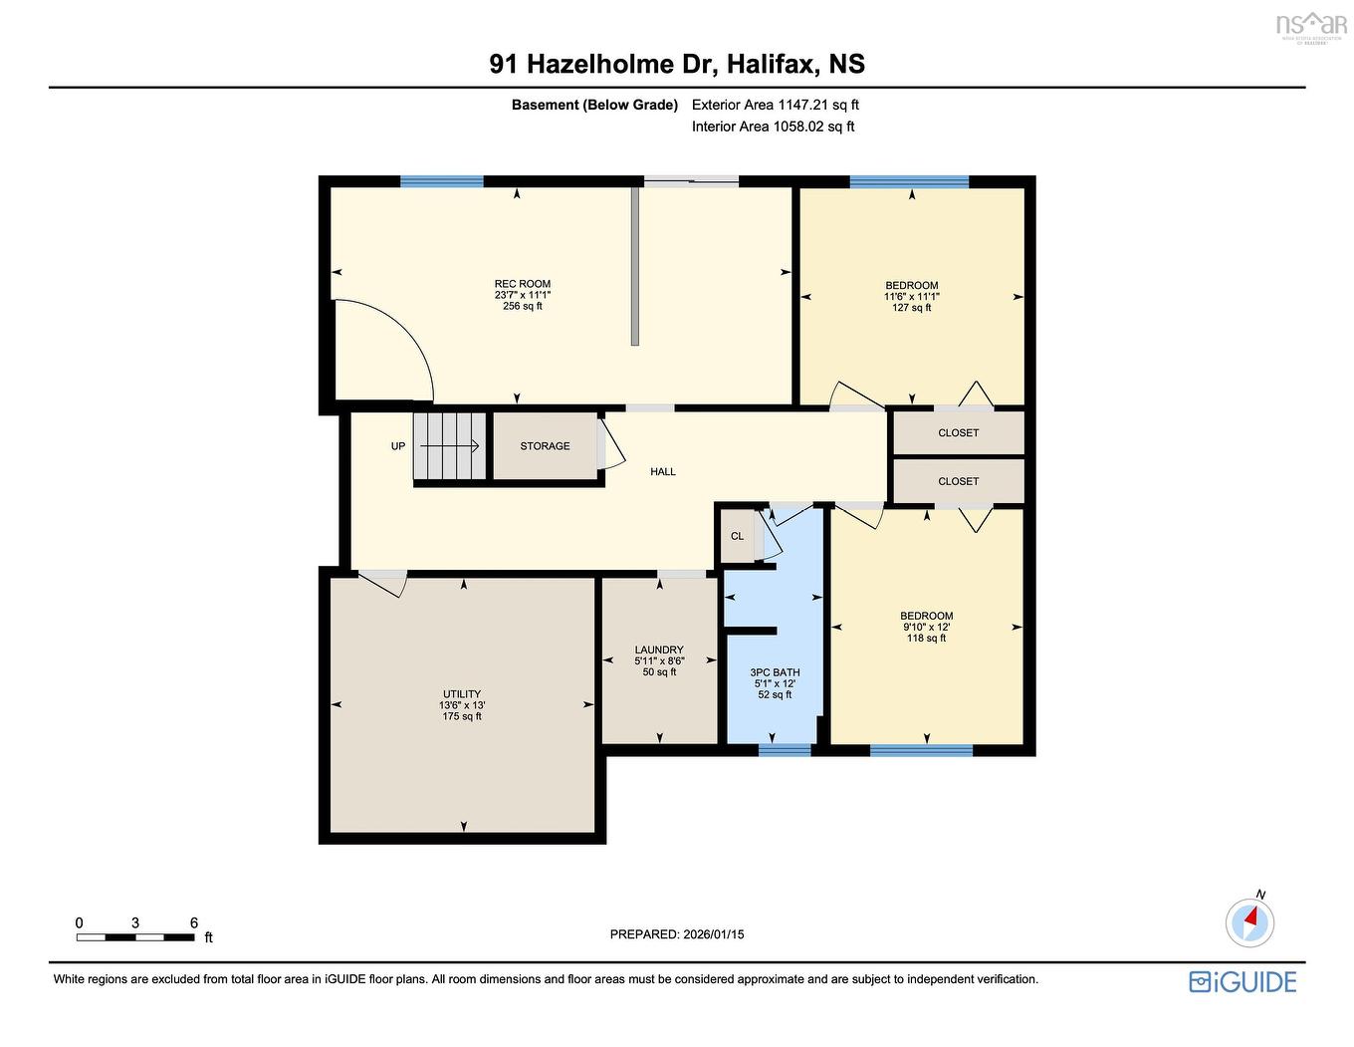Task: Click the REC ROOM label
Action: [x=522, y=284]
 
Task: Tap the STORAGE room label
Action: [x=545, y=446]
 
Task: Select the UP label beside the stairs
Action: [x=398, y=446]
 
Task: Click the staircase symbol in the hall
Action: [x=450, y=446]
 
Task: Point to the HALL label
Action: [x=663, y=472]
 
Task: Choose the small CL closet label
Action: [x=737, y=536]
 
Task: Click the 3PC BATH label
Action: [x=775, y=672]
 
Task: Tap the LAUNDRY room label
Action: [x=659, y=650]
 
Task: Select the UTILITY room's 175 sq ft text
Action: [x=462, y=716]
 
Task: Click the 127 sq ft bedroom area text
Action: [x=912, y=308]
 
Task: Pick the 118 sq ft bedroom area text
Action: [x=926, y=638]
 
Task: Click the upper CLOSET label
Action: [x=958, y=433]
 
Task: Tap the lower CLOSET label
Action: [x=958, y=481]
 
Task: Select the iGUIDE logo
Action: [x=1242, y=981]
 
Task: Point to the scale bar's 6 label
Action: [x=194, y=922]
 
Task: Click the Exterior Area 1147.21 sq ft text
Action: [x=775, y=105]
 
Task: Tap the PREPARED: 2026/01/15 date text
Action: [x=677, y=934]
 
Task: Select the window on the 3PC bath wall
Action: [x=785, y=749]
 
